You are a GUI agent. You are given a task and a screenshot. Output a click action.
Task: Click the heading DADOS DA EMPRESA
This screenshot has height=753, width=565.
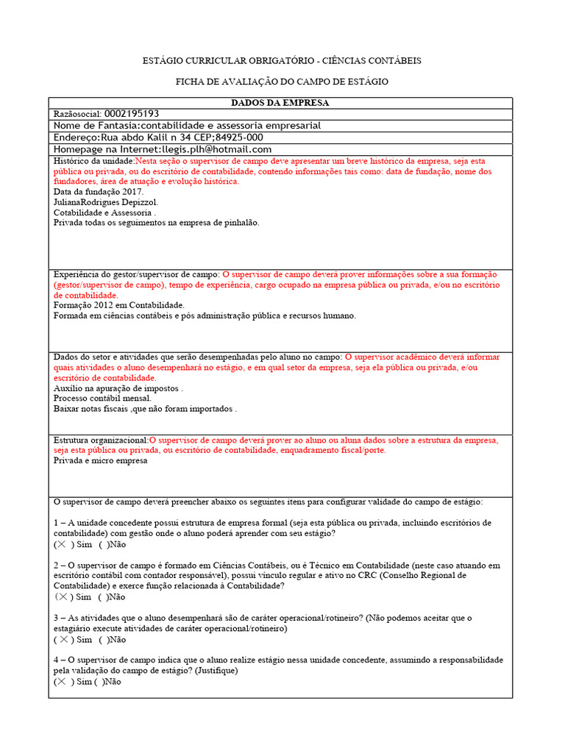(280, 103)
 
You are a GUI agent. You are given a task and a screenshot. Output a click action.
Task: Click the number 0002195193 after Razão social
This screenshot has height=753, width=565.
(132, 114)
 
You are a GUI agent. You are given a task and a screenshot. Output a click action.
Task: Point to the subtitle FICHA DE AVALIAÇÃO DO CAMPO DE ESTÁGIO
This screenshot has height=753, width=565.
(282, 82)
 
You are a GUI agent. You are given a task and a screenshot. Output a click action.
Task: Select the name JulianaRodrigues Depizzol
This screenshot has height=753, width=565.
(106, 201)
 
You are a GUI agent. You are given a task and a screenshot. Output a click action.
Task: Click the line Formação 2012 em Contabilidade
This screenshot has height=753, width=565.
(119, 304)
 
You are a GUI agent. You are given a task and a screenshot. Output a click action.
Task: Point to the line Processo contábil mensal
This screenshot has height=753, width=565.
(103, 398)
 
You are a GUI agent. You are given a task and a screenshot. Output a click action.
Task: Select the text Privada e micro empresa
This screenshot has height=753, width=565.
(101, 460)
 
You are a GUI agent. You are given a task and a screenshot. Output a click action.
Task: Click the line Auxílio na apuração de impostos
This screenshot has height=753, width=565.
(118, 388)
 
